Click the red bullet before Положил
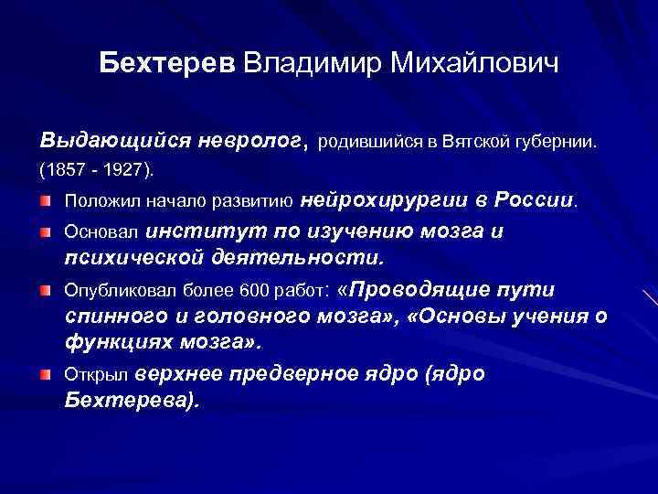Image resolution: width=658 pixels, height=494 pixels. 45,199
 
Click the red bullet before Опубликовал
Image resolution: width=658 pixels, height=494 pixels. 45,290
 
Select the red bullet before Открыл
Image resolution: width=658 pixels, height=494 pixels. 45,374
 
